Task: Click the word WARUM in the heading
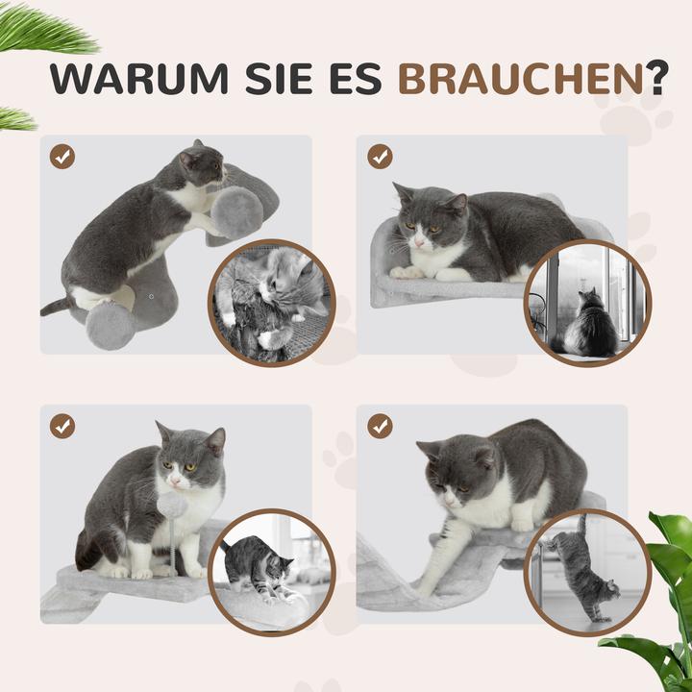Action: (x=129, y=80)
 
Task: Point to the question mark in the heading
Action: (x=657, y=80)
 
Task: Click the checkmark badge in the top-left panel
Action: (x=63, y=157)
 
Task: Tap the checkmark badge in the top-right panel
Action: (x=380, y=157)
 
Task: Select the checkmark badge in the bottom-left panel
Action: (x=63, y=426)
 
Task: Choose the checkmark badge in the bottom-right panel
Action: (x=380, y=426)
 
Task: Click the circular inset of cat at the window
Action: (x=587, y=303)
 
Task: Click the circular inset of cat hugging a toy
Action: (x=272, y=302)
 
